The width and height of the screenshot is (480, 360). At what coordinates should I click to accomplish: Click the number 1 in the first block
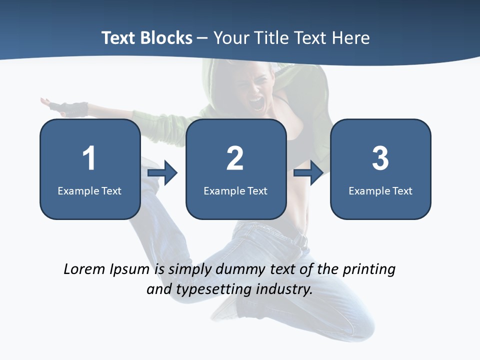(89, 158)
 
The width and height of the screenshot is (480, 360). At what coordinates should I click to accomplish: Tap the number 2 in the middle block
(235, 158)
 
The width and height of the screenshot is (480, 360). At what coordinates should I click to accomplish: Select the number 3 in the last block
(380, 158)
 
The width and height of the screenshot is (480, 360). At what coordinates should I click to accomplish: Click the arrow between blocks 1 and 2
(163, 173)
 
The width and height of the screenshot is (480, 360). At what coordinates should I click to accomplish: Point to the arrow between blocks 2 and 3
(308, 173)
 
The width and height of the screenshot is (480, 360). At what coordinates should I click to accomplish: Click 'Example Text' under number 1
(89, 190)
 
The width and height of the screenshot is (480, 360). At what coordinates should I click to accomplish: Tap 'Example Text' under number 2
(235, 190)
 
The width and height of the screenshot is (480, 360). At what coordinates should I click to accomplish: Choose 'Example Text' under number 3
(380, 190)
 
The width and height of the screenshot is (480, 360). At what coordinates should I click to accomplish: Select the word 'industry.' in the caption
(284, 289)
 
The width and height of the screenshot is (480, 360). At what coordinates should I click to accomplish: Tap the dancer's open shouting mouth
(257, 103)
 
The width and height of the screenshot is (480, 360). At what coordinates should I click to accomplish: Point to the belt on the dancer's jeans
(300, 240)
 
